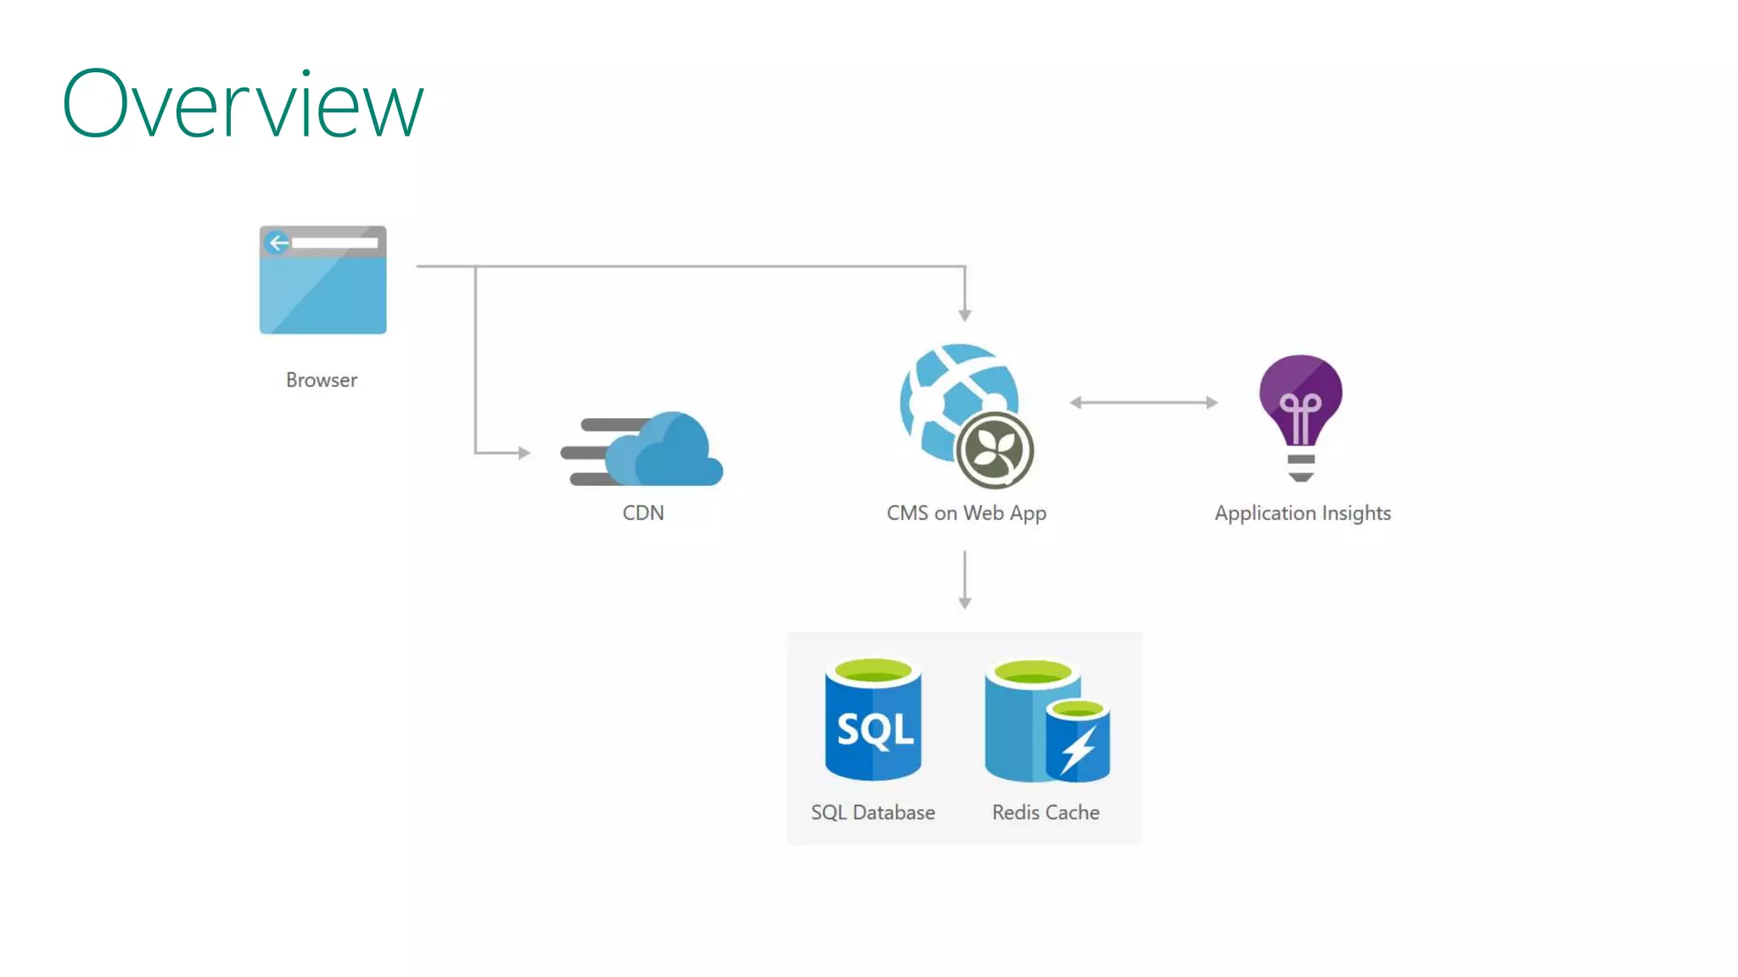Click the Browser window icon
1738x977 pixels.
[x=322, y=280]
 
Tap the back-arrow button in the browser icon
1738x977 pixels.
[x=278, y=243]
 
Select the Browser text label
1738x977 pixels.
[x=321, y=380]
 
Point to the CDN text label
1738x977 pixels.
[x=642, y=513]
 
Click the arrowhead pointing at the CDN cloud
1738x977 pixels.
[x=524, y=453]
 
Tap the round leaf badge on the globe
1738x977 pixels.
[x=995, y=450]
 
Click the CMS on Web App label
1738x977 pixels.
[x=966, y=513]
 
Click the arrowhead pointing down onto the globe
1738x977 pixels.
[x=965, y=315]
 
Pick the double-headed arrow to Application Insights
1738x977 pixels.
[x=1143, y=402]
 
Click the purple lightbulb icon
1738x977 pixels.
[x=1300, y=399]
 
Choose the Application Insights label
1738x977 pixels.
[x=1302, y=513]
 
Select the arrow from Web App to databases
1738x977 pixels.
[x=965, y=580]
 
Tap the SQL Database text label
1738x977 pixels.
[x=872, y=812]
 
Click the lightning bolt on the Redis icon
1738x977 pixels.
[x=1079, y=748]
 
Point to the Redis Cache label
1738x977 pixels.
[x=1046, y=812]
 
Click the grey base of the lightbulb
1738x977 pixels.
[x=1301, y=467]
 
